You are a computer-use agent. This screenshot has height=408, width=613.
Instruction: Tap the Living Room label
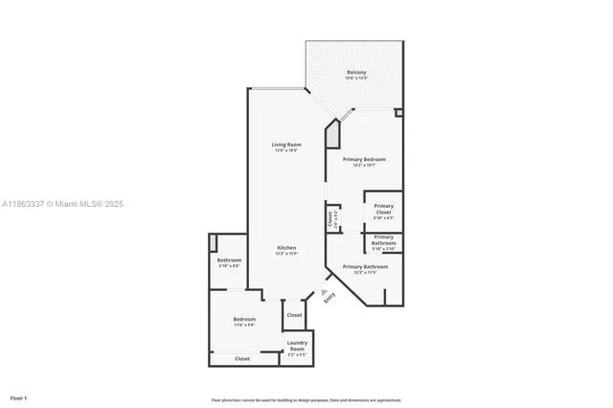pos(287,147)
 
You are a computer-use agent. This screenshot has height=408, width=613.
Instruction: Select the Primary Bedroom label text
pos(364,162)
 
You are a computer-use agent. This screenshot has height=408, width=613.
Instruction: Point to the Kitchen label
pos(286,250)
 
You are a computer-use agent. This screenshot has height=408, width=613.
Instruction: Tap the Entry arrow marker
pos(324,290)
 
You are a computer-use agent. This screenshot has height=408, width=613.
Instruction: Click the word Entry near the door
pos(329,298)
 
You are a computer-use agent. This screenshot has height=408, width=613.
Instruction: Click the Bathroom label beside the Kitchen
pos(229,262)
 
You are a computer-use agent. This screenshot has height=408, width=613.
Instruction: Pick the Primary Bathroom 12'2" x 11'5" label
pos(365,269)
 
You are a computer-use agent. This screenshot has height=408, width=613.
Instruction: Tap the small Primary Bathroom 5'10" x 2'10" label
pos(383,242)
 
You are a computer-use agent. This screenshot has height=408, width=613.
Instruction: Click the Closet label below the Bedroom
pos(242,358)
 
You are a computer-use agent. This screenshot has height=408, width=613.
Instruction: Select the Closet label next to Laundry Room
pos(294,314)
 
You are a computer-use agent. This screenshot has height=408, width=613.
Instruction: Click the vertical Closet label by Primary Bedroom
pos(331,218)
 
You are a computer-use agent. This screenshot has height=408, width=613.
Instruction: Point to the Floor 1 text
pos(19,397)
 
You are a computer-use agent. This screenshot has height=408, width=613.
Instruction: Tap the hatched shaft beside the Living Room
pos(332,135)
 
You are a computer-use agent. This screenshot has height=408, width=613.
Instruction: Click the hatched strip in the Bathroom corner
pos(214,243)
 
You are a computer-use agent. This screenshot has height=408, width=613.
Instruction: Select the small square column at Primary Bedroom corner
pos(398,112)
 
